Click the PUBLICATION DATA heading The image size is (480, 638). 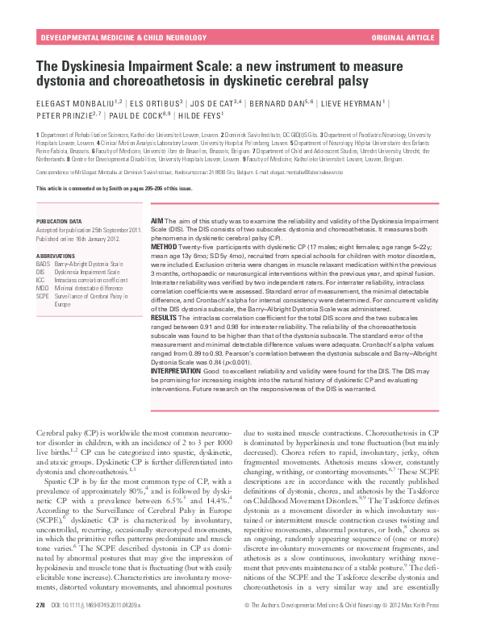tap(60, 220)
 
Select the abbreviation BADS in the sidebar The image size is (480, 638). tap(44, 263)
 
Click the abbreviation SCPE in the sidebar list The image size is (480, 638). tap(44, 297)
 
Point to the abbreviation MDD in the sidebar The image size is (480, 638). tap(43, 288)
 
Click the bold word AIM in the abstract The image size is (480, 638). tap(158, 220)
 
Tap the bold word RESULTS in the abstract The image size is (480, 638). tap(165, 319)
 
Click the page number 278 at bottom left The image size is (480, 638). tap(41, 627)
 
